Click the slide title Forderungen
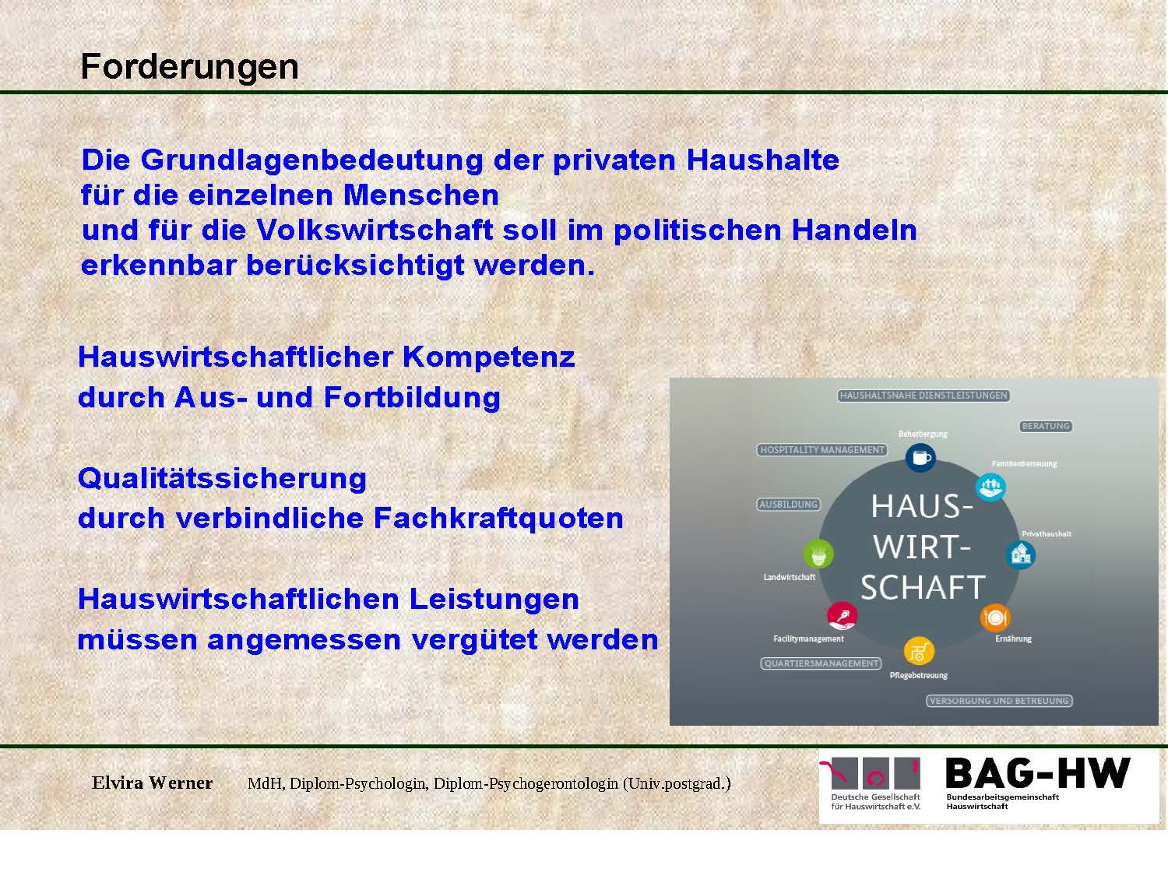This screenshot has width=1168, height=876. point(189,68)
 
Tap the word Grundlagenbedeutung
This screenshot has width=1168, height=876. point(311,160)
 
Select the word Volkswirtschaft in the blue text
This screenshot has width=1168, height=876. point(375,230)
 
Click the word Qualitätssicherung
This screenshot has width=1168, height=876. point(223,479)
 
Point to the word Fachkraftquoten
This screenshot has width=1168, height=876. point(498,518)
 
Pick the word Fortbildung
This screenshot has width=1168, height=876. point(413,398)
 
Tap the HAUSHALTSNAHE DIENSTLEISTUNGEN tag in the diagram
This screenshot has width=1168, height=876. point(923,396)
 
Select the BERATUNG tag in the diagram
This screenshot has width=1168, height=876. point(1046,426)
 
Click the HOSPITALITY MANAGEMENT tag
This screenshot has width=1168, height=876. point(822,450)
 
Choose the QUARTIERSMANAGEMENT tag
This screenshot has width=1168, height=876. point(821,663)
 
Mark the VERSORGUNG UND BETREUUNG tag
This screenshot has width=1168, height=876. point(999,701)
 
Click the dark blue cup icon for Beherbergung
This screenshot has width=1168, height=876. point(920,457)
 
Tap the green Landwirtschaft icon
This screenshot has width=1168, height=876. point(818,554)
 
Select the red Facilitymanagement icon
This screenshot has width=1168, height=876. point(842,616)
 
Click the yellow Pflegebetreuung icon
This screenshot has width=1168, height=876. point(919,651)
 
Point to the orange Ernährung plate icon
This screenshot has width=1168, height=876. point(995,617)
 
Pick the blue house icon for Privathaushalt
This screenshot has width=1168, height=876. point(1021,554)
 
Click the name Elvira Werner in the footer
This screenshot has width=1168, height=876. point(152,783)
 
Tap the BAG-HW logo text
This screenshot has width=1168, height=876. point(1038,773)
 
